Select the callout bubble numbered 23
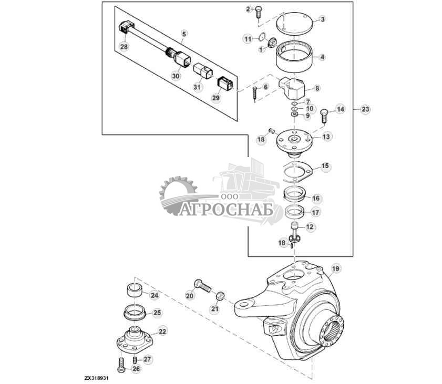click(365, 109)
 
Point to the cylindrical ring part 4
click(294, 58)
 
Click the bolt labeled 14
click(324, 113)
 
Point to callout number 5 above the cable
click(183, 34)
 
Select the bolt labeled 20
click(203, 287)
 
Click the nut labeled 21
click(221, 297)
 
